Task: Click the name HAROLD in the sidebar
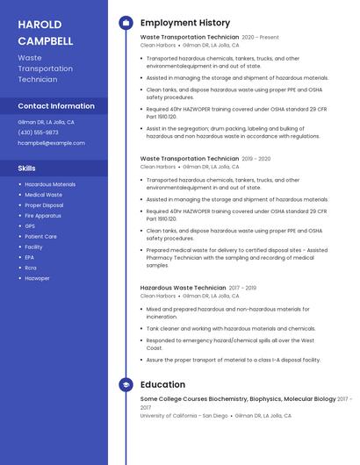tap(40, 24)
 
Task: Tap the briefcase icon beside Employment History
tap(126, 23)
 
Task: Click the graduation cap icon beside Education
tap(126, 384)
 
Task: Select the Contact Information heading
tap(56, 106)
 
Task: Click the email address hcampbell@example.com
tap(51, 143)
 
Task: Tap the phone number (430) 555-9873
tap(38, 132)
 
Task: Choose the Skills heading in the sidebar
tap(27, 168)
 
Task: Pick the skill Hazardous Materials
tap(50, 184)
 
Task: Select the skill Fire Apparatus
tap(43, 215)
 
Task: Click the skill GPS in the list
tap(31, 225)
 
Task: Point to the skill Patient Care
tap(41, 236)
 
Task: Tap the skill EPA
tap(30, 257)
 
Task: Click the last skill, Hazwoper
tap(37, 278)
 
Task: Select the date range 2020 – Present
tap(260, 38)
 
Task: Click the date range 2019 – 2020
tap(256, 159)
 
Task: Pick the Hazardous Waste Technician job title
tap(183, 288)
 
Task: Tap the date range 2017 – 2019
tap(242, 288)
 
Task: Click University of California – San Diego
tap(184, 416)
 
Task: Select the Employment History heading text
tap(185, 23)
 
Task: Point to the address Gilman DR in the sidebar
tap(30, 122)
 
